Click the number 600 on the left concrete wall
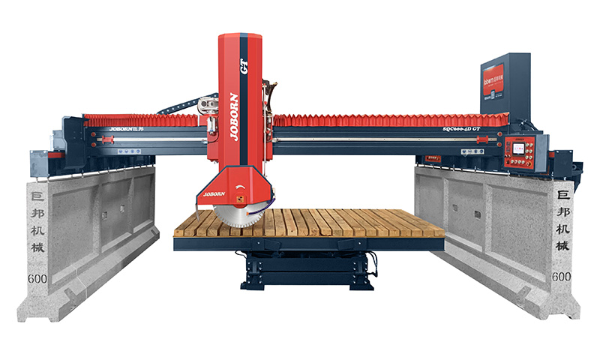coord(37,278)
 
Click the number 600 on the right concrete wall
coord(561,277)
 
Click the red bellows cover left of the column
coord(142,119)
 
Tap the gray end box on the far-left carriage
coord(38,161)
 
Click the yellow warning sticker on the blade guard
coord(239,199)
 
